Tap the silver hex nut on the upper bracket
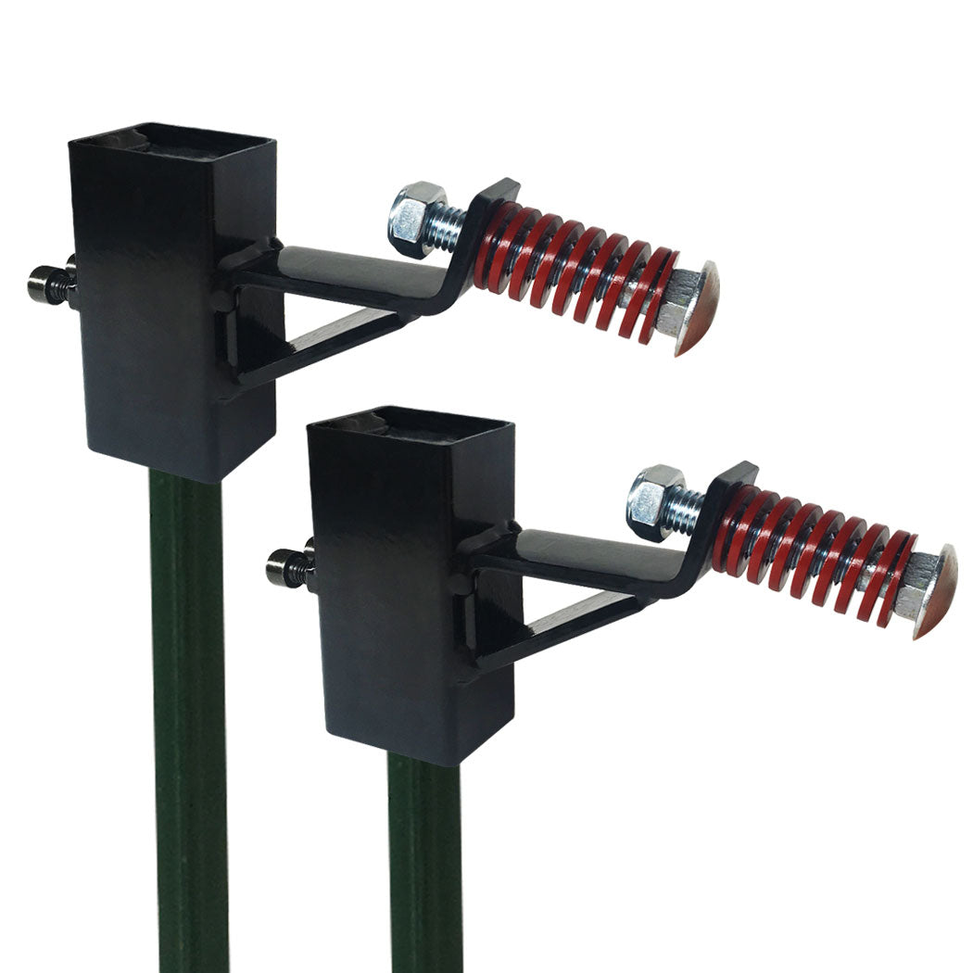click(x=414, y=219)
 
